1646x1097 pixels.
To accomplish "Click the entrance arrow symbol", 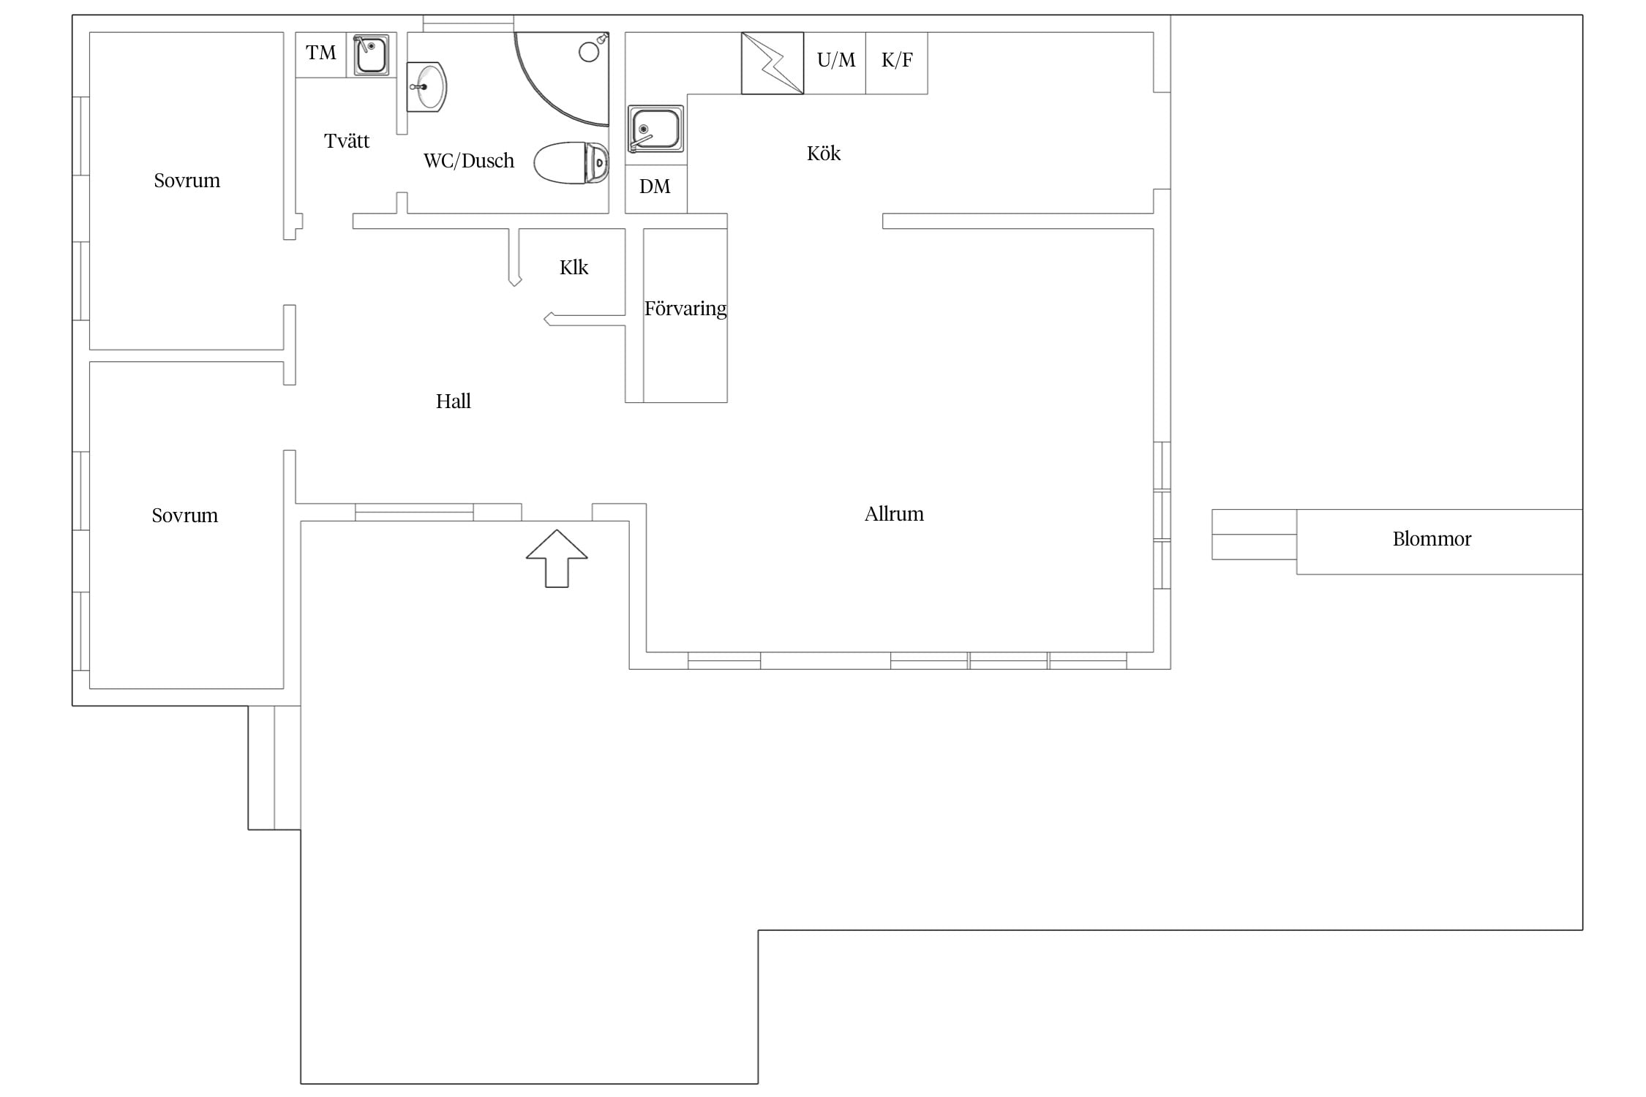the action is click(x=557, y=558).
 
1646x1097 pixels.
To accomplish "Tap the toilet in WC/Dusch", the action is click(x=571, y=162).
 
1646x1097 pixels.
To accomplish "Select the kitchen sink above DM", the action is click(x=655, y=129).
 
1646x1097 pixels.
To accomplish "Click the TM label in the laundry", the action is click(x=320, y=53).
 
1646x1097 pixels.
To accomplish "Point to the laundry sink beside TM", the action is click(x=371, y=55).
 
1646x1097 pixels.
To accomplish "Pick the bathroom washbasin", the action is click(x=426, y=87).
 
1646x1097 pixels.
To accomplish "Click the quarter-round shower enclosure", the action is click(x=562, y=79).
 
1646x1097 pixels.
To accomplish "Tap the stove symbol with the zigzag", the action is click(x=773, y=63).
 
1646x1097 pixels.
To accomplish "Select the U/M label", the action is click(x=835, y=60).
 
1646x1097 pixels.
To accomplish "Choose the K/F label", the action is click(x=897, y=60).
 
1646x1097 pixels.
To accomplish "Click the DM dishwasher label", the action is click(x=655, y=186).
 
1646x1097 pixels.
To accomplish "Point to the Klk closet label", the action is click(x=574, y=268).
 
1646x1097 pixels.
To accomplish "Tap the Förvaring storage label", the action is click(x=685, y=309).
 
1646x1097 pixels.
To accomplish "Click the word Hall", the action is click(x=453, y=401).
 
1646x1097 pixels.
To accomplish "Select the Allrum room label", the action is click(x=894, y=513).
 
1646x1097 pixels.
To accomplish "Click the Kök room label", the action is click(x=824, y=153).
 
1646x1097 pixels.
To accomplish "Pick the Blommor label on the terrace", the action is click(x=1432, y=539).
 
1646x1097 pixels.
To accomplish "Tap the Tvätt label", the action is click(x=347, y=140).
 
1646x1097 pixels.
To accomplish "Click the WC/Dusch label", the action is click(x=469, y=161).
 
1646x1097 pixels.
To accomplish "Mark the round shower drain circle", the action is click(x=589, y=52).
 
